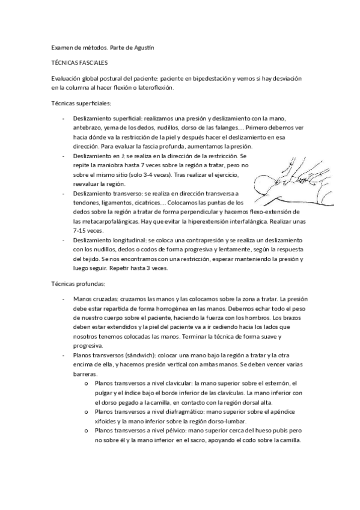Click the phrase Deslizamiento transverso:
point(106,193)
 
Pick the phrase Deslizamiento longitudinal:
point(109,239)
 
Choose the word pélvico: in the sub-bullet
point(171,431)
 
